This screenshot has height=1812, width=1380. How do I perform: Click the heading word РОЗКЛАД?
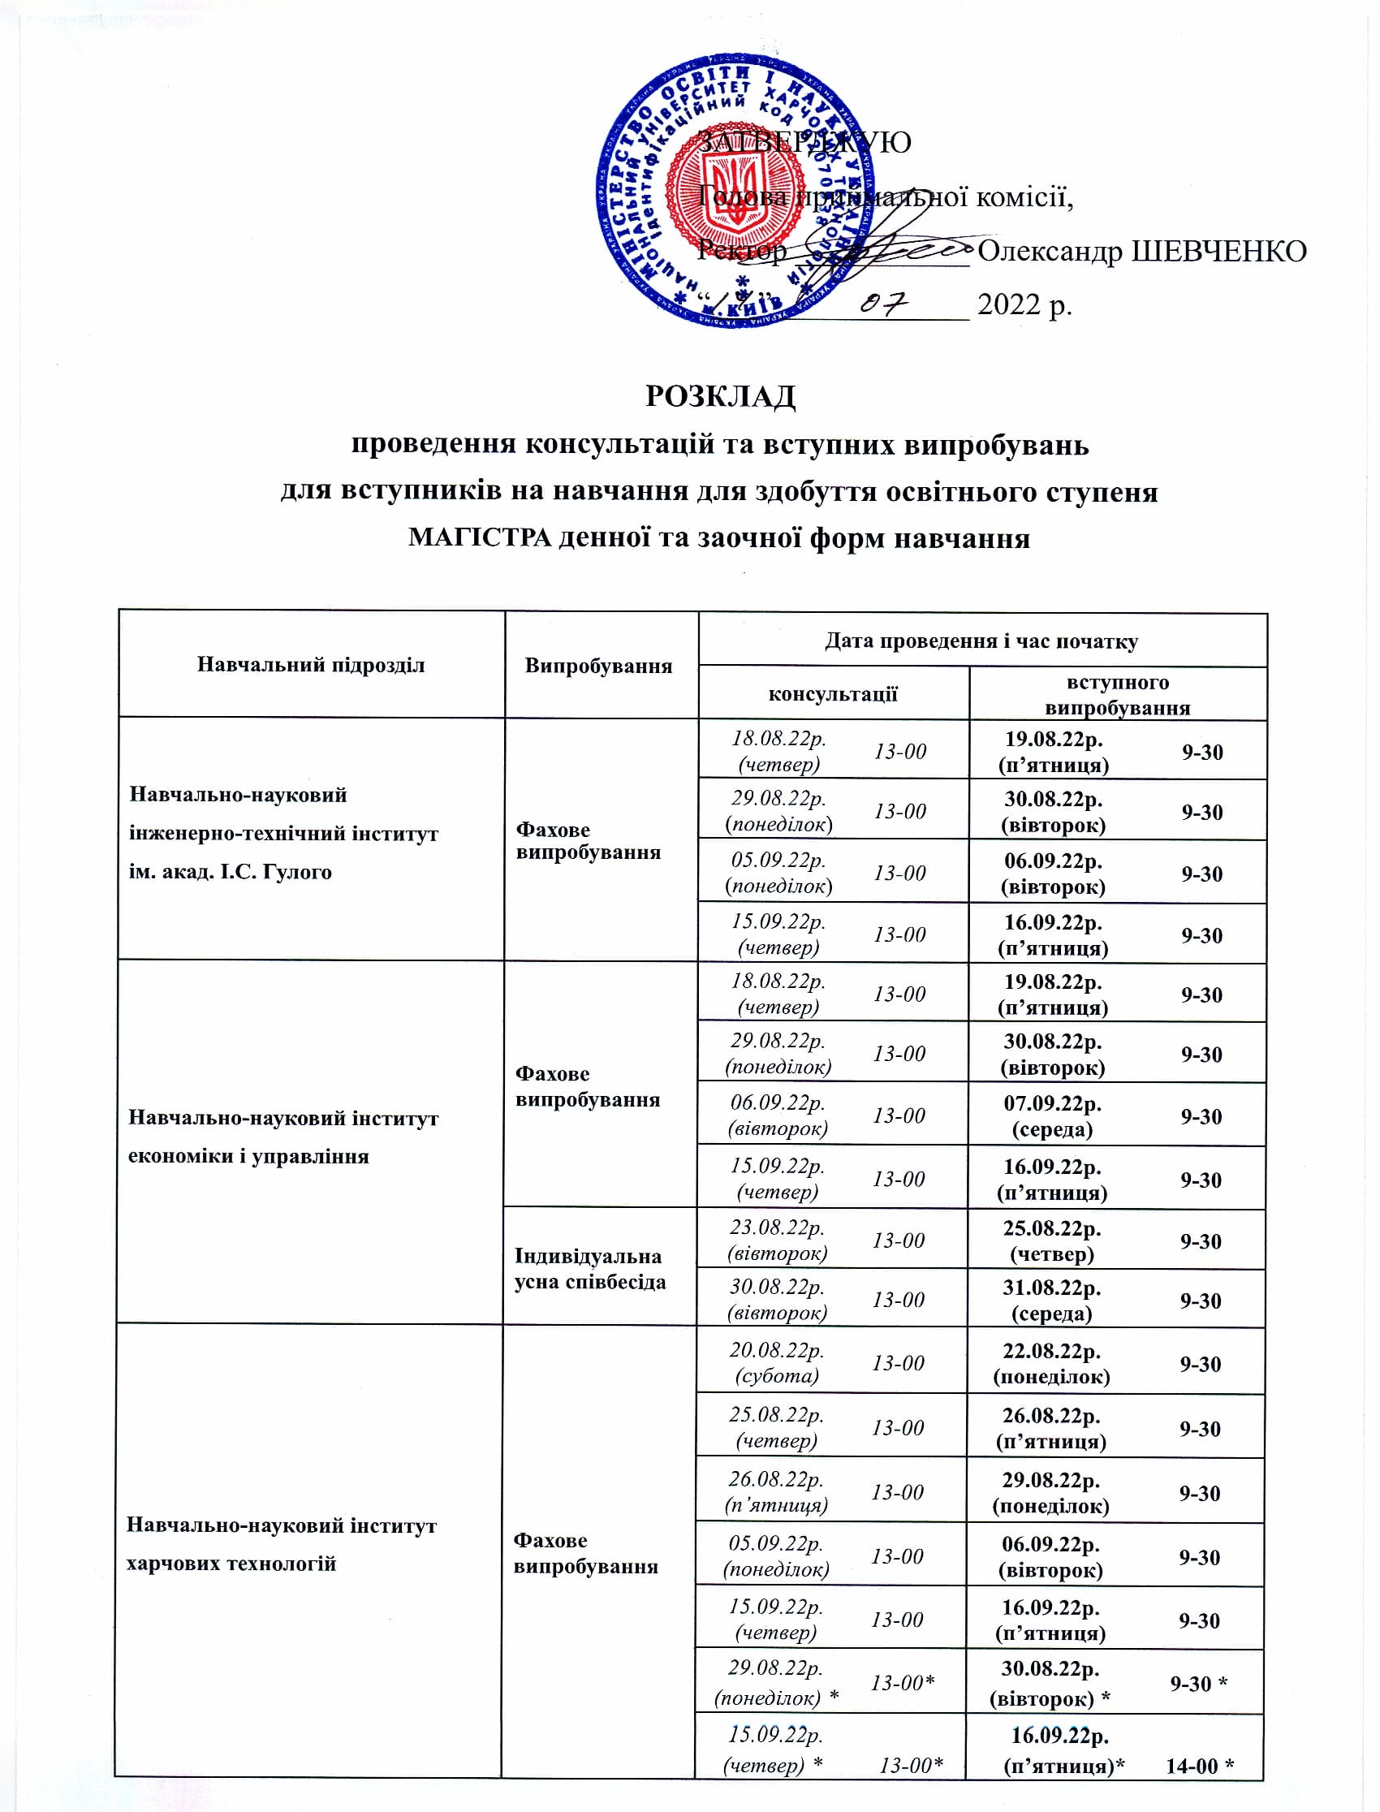pos(719,397)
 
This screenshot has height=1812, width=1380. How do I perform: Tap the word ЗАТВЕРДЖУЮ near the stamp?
pos(804,142)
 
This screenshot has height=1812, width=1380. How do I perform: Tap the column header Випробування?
pos(598,666)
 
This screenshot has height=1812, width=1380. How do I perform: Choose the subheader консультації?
pos(832,694)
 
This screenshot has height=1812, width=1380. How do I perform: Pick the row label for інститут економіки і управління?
pos(283,1137)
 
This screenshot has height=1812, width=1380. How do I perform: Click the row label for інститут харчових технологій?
pos(281,1544)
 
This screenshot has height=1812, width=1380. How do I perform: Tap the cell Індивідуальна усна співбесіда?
pos(589,1268)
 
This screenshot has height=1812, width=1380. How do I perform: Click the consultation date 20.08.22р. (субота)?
pos(777,1363)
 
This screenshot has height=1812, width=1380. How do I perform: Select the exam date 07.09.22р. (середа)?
pos(1052,1115)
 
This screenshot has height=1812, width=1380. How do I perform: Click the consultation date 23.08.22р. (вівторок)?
pos(777,1240)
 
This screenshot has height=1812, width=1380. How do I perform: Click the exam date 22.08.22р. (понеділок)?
pos(1051,1364)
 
